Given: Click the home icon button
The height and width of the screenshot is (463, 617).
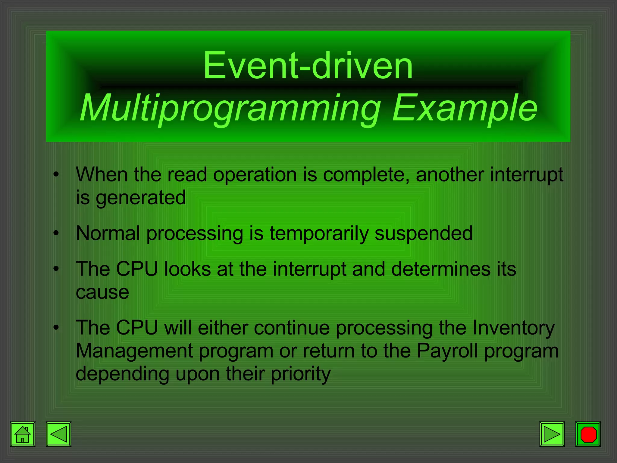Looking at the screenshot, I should [x=23, y=434].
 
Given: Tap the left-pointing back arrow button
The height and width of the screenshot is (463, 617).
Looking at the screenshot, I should [x=58, y=434].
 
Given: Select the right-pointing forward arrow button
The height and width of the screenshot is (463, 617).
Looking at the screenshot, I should [x=552, y=434].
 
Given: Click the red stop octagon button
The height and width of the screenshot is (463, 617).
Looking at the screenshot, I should [x=588, y=434].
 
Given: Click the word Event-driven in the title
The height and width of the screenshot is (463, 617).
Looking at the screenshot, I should [x=308, y=65].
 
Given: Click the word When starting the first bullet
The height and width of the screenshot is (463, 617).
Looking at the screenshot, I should [x=102, y=175].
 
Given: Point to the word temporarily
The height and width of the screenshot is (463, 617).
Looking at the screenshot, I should [x=319, y=234].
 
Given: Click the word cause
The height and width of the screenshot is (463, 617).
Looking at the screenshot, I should [x=102, y=292].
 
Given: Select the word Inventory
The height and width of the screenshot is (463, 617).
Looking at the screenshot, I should [x=513, y=328].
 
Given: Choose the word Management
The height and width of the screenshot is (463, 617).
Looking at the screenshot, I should [x=134, y=351].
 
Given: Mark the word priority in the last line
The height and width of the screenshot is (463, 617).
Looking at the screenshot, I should [x=300, y=374].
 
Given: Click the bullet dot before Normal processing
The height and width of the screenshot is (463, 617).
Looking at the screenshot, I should [x=56, y=233].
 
